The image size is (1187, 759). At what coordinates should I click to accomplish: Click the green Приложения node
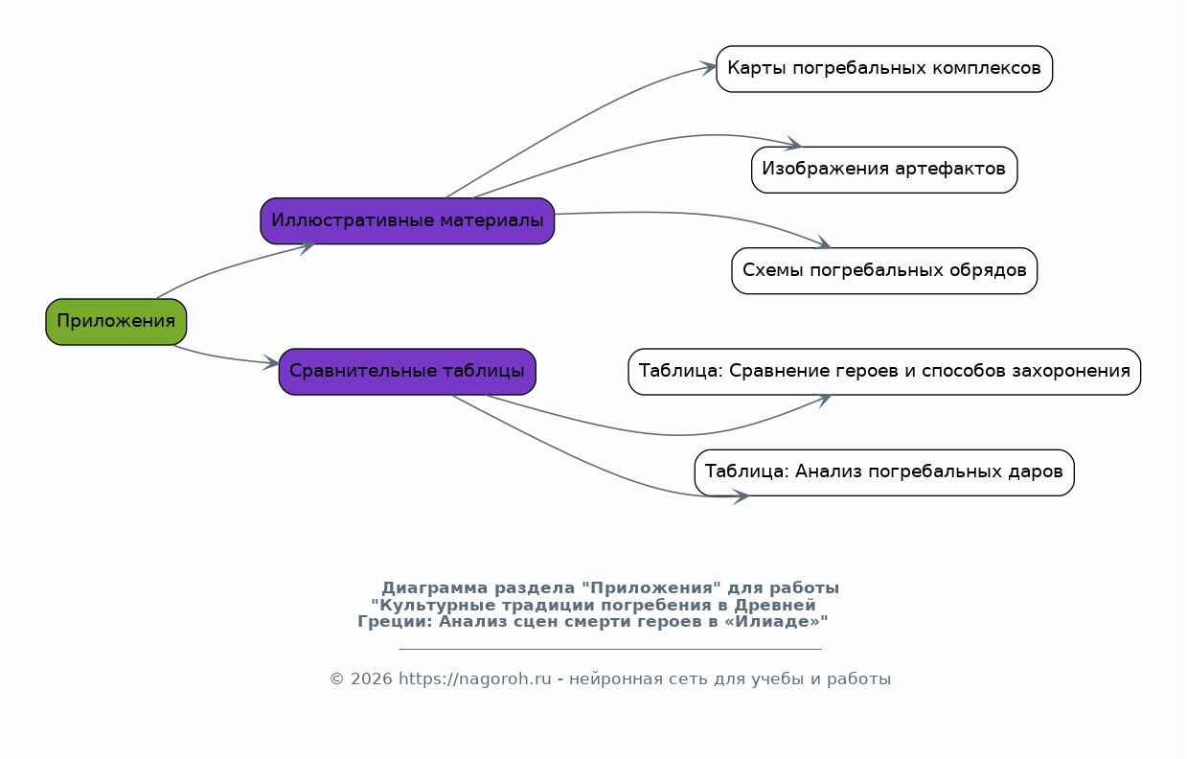[116, 322]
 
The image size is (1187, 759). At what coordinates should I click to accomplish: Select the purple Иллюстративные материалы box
[407, 221]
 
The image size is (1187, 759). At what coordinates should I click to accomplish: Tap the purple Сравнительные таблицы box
[407, 372]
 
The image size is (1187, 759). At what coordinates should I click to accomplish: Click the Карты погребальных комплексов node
[884, 69]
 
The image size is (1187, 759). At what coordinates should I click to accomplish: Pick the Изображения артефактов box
[884, 170]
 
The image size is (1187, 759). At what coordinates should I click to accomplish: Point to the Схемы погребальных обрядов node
[884, 271]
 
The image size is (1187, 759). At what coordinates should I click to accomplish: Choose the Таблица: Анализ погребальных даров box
[884, 472]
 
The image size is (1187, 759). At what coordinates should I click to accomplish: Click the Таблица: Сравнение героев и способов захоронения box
[884, 372]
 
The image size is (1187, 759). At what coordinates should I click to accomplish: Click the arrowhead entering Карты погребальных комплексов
[709, 68]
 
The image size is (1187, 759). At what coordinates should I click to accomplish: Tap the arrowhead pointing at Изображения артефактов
[793, 143]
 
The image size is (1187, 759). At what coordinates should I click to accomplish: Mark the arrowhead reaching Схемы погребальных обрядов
[824, 242]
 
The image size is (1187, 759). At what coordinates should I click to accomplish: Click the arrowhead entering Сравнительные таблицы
[271, 363]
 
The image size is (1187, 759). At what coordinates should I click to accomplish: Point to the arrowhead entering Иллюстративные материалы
[307, 247]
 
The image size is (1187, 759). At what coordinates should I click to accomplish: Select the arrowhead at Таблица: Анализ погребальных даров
[741, 496]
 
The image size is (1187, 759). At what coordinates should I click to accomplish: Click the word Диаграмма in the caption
[435, 588]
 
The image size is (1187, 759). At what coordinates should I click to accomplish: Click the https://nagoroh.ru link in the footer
[475, 678]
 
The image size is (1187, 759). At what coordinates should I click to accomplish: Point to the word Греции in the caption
[396, 622]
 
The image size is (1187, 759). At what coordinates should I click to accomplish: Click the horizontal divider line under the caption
[610, 649]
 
